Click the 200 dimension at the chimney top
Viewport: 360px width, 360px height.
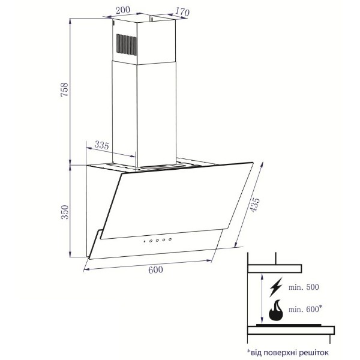[122, 10]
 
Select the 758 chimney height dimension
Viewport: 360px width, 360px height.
[65, 89]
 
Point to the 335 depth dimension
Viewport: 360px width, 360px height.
[101, 145]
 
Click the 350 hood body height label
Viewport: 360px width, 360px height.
[65, 212]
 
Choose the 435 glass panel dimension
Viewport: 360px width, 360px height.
[254, 205]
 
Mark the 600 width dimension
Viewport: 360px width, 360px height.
[155, 270]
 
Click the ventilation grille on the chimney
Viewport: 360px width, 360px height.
[127, 44]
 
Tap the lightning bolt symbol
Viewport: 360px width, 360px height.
[276, 287]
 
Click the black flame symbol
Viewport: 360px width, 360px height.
[276, 310]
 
